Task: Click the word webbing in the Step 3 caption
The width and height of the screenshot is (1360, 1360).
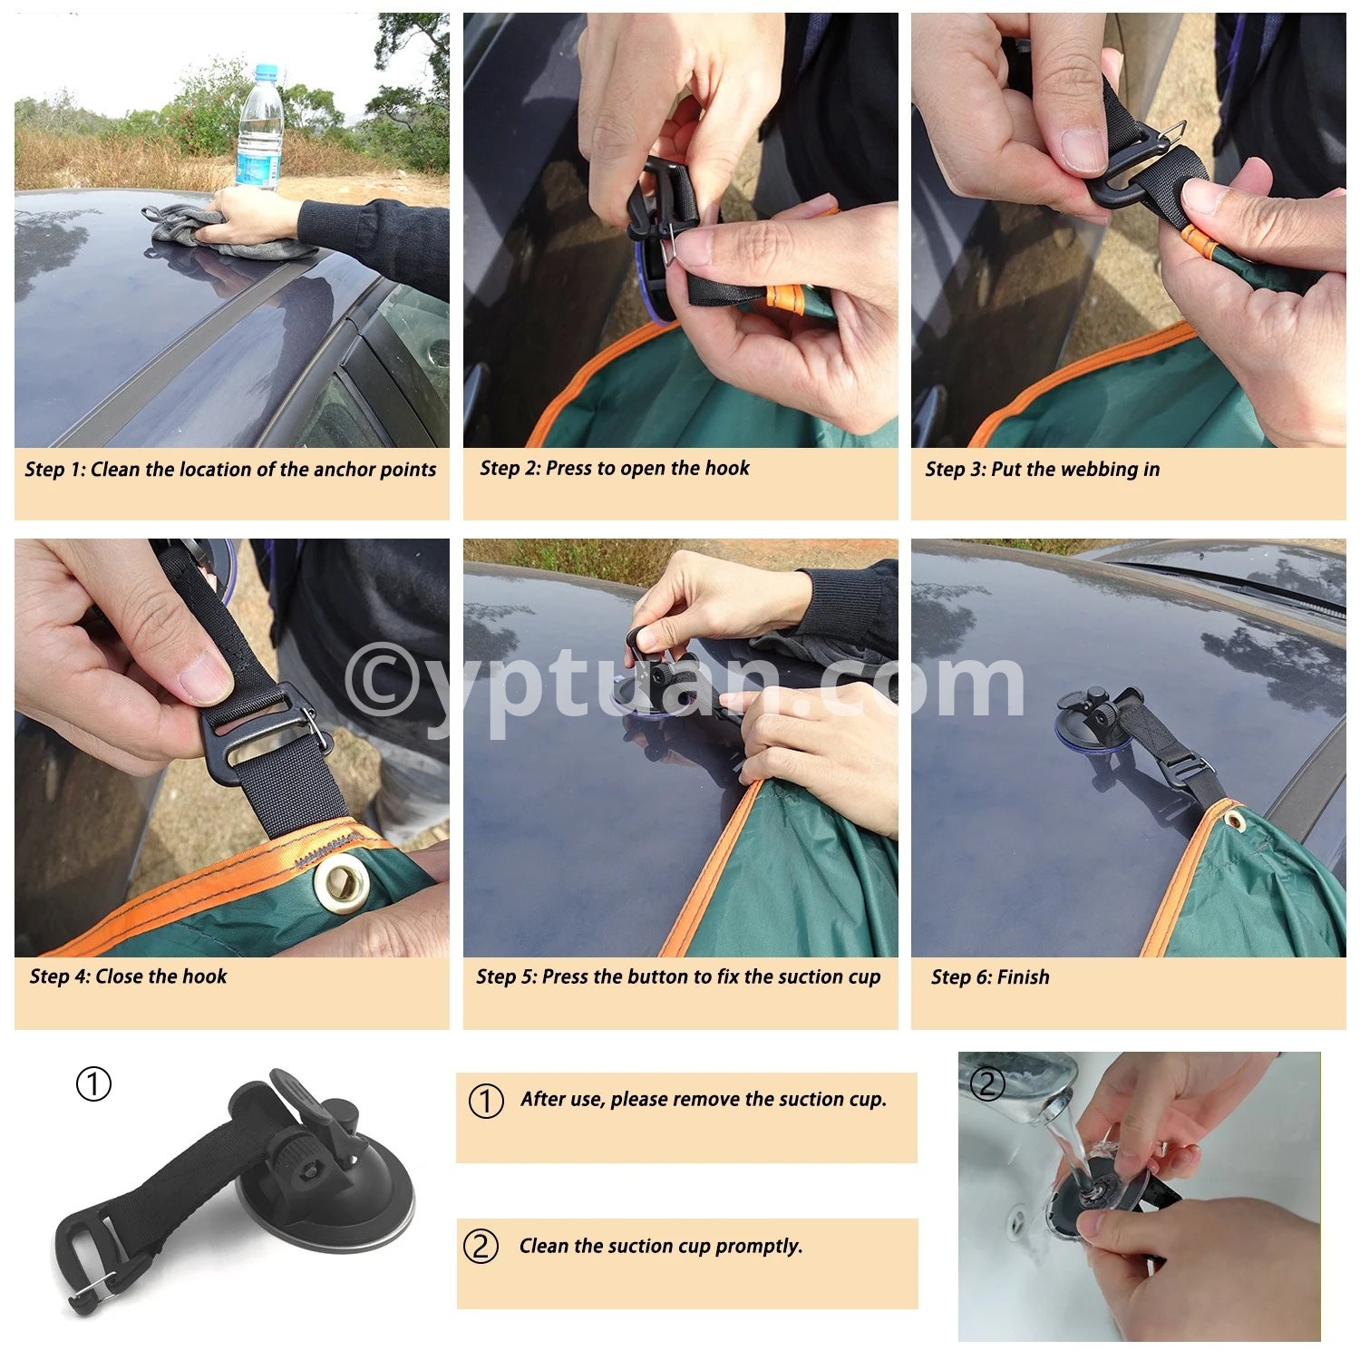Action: tap(1099, 470)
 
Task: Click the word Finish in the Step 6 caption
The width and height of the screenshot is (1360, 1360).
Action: tap(1024, 977)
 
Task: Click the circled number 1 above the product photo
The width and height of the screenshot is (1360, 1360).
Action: tap(93, 1083)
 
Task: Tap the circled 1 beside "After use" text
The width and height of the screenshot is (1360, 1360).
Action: tap(486, 1101)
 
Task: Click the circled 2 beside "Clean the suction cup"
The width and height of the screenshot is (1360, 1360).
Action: tap(481, 1247)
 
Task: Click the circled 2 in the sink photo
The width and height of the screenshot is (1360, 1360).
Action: tap(987, 1084)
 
